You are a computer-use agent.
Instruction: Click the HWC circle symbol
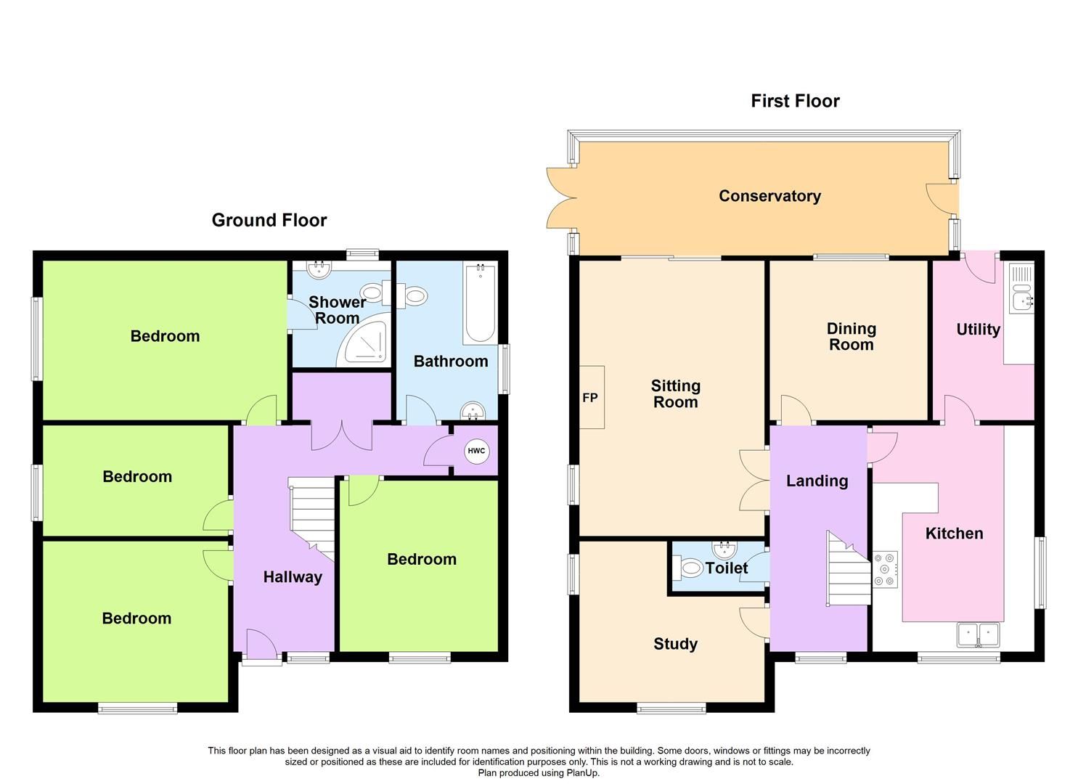coord(476,452)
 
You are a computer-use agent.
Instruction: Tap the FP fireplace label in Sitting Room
coord(590,398)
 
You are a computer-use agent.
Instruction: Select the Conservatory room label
coord(769,196)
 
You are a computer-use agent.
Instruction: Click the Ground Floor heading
coord(269,220)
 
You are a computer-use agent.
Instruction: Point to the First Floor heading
coord(795,101)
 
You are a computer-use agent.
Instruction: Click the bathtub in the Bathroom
coord(480,304)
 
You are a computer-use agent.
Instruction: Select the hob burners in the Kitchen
coord(886,569)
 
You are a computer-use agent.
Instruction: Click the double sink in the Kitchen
coord(979,634)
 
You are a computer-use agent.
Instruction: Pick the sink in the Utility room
coord(1022,298)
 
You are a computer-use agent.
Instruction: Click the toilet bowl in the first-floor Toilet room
coord(690,568)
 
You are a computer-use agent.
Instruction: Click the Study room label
coord(675,644)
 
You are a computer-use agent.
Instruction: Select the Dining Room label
coord(852,337)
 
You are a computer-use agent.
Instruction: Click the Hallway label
coord(293,577)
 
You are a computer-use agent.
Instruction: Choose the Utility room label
coord(978,330)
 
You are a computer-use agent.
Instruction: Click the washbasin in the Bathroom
coord(473,412)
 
